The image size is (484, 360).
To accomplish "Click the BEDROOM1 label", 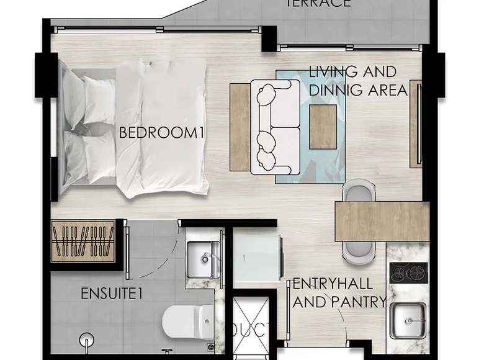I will (162, 133).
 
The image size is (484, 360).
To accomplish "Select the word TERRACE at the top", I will (318, 4).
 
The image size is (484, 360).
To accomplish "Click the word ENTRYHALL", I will (333, 285).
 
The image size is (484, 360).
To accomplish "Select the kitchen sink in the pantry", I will (409, 320).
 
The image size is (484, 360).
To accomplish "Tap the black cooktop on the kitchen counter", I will (408, 272).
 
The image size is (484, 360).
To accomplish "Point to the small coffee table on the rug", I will (323, 127).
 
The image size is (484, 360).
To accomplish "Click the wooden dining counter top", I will (382, 221).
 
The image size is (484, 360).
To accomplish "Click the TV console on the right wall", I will (416, 124).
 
